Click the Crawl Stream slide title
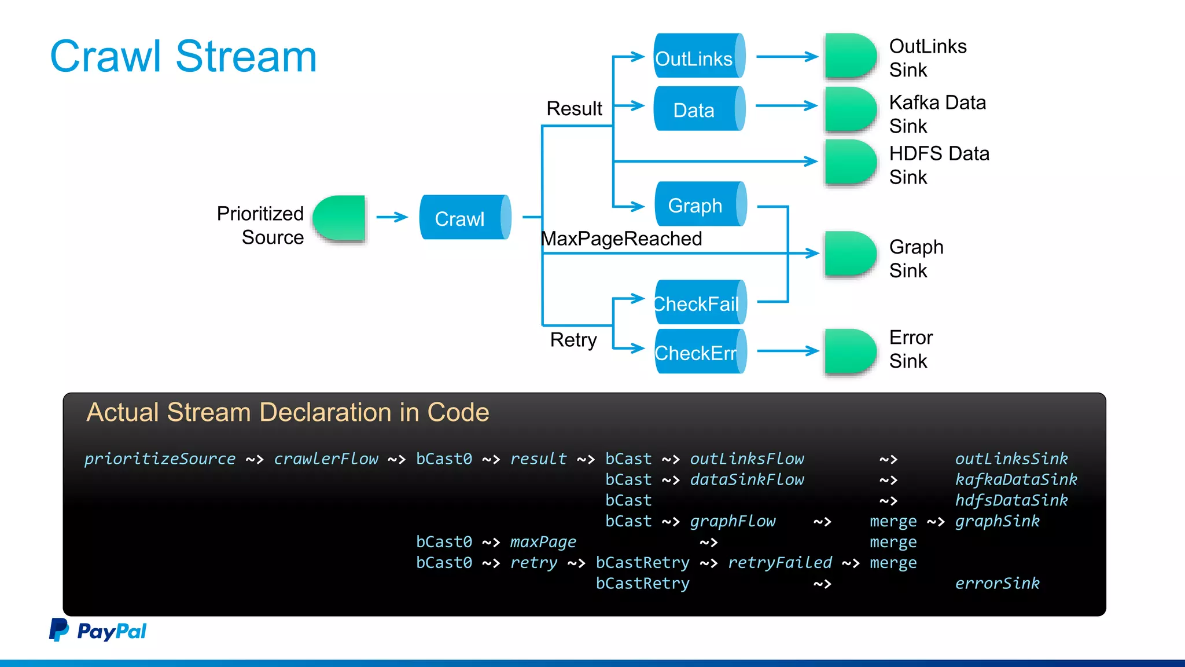(x=183, y=57)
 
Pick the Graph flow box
(x=700, y=204)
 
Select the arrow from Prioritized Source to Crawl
(x=392, y=217)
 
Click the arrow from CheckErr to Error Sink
(x=787, y=350)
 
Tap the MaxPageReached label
(x=621, y=239)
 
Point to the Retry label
(x=573, y=340)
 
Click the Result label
(x=574, y=108)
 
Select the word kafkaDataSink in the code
(x=1015, y=479)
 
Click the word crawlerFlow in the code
(x=326, y=459)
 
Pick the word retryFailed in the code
(x=779, y=562)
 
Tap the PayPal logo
(x=98, y=631)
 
